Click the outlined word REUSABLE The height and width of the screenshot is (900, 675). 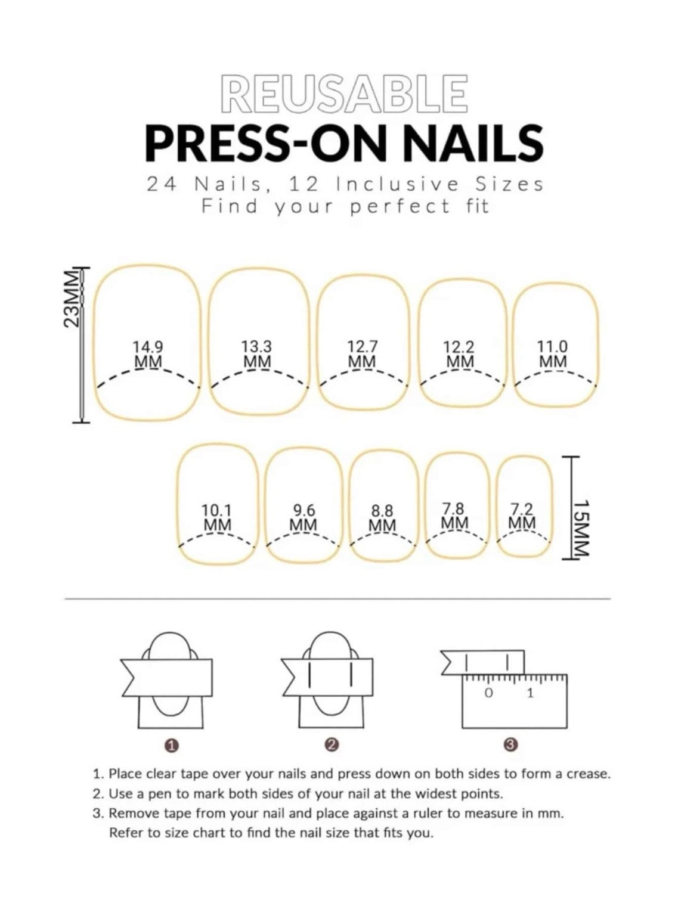pyautogui.click(x=343, y=95)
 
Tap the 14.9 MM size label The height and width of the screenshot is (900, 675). pyautogui.click(x=147, y=354)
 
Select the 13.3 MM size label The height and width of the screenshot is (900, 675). pyautogui.click(x=256, y=354)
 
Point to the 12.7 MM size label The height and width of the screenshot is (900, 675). pyautogui.click(x=362, y=354)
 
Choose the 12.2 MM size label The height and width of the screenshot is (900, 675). pyautogui.click(x=459, y=354)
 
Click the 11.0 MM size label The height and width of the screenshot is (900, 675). pyautogui.click(x=553, y=354)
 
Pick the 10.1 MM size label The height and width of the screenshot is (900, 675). pyautogui.click(x=217, y=518)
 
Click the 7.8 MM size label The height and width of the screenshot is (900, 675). pyautogui.click(x=454, y=516)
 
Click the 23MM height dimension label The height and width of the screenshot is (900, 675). pyautogui.click(x=71, y=298)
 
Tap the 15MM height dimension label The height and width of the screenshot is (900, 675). pyautogui.click(x=580, y=528)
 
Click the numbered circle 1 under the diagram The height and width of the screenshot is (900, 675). pyautogui.click(x=172, y=745)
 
